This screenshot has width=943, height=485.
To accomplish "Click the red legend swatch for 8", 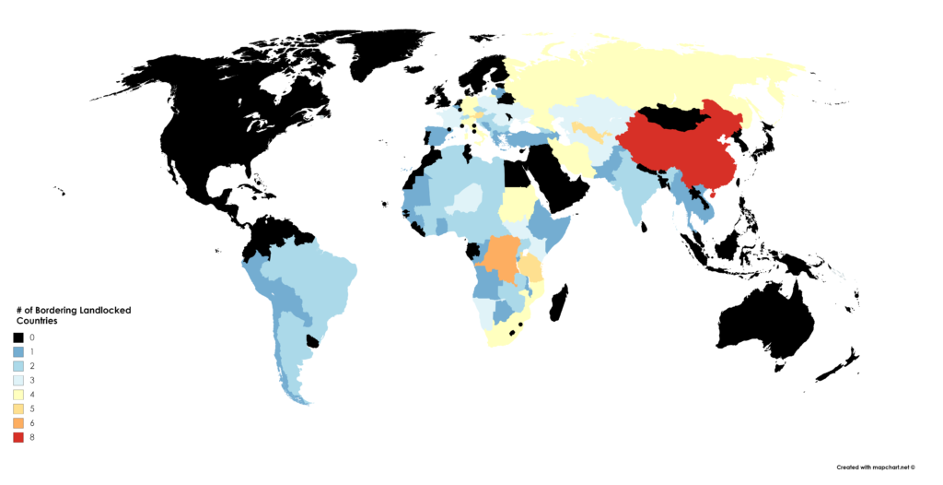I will [x=19, y=436].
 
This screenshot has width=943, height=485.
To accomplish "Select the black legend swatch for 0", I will [x=19, y=338].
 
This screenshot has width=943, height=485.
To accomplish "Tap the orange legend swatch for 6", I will [x=19, y=422].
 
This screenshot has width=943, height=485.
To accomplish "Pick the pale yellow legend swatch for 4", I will [x=19, y=395].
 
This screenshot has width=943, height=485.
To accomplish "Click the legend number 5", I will [x=32, y=408].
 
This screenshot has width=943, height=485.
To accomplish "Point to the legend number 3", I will [x=32, y=381].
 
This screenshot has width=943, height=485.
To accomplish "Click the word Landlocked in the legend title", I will [x=105, y=311].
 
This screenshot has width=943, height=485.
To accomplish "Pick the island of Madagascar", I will [x=558, y=304].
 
